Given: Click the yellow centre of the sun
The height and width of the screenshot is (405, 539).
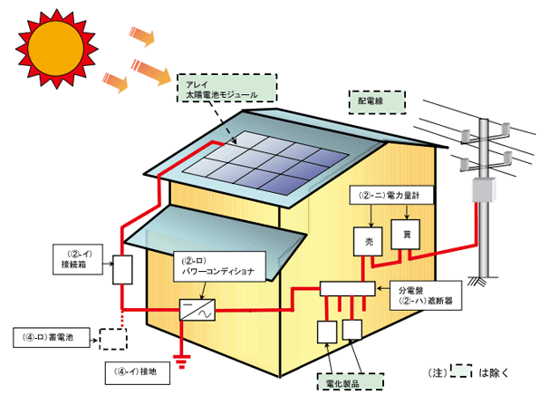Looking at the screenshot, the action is point(55,47).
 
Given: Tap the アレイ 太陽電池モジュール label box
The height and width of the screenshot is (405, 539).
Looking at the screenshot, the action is point(226,88).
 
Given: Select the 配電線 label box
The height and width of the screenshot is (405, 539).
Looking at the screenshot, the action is point(377,102).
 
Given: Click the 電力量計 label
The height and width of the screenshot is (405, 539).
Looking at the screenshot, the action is point(390,196).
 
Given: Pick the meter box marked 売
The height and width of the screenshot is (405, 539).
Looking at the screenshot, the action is point(368,241).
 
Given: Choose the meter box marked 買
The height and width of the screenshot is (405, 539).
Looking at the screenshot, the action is point(406,235).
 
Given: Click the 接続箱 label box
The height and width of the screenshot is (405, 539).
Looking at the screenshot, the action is point(78,259).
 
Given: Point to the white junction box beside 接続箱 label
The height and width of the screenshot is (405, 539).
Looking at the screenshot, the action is point(122,269).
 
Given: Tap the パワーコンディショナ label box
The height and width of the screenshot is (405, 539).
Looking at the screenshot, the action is point(219,266).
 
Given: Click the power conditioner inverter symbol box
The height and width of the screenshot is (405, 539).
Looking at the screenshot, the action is point(197,310).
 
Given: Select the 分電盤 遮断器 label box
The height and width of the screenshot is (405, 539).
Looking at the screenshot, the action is point(426,295).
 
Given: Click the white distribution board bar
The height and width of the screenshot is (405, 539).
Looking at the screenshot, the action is point(347,289).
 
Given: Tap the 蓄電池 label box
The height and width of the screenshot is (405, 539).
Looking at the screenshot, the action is point(52,337).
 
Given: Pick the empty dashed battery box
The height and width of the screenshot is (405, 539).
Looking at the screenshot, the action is point(113,340).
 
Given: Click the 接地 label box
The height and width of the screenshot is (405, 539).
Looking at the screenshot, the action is point(137,372).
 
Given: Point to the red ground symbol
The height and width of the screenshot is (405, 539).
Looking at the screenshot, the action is point(182,361).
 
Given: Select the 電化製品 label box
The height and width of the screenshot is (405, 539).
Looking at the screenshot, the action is point(351,381).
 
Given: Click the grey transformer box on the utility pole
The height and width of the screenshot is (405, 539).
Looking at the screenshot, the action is point(484,189).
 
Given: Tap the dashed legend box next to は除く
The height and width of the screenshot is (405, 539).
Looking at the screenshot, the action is point(461,371).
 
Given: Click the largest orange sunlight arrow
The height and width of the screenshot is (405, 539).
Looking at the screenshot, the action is point(151,72).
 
